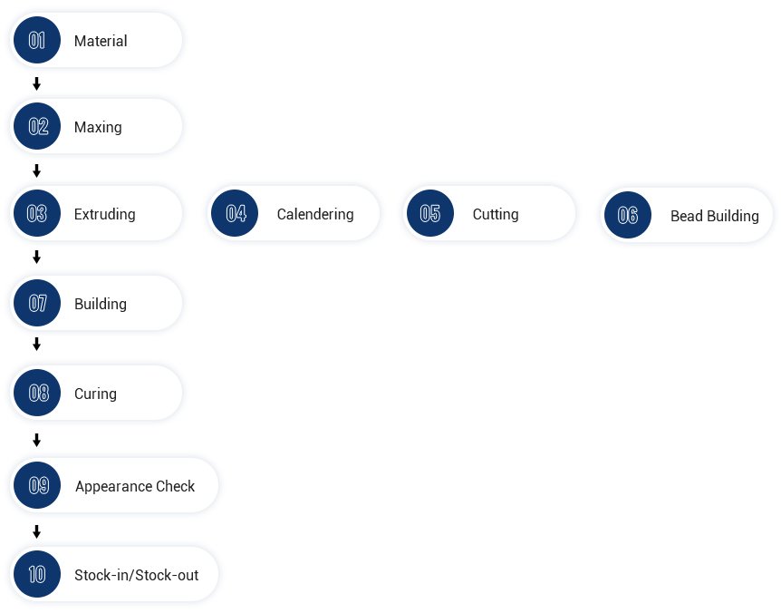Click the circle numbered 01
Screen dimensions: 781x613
37,40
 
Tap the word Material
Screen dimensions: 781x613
101,41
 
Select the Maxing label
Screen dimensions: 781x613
98,128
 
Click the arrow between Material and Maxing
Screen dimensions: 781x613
36,83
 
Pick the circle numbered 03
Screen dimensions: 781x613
37,213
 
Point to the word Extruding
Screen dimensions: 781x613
104,214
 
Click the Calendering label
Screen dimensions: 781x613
315,214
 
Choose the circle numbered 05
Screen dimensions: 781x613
430,213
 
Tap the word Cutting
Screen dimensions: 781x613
496,214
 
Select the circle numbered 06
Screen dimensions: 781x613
628,215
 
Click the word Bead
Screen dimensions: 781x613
687,217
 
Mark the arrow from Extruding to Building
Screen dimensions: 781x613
36,257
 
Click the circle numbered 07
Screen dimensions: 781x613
37,303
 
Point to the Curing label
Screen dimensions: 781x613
96,394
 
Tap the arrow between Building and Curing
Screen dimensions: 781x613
36,344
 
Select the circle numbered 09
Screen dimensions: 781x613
37,485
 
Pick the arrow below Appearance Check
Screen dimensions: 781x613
36,531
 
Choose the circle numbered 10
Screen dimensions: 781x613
37,574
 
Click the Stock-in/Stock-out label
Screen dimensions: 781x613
137,575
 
